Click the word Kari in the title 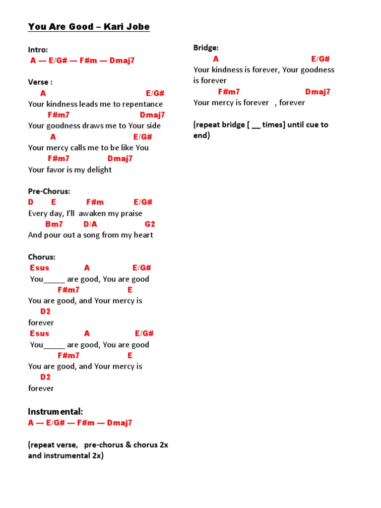pos(116,27)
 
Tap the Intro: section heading pos(38,50)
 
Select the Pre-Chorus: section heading pos(49,191)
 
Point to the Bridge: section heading pos(206,48)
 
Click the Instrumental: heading pos(56,412)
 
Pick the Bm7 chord pos(54,224)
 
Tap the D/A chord pos(90,224)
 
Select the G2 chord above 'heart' pos(150,224)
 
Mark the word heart pos(142,235)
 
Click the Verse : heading pos(40,82)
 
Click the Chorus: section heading pos(42,257)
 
